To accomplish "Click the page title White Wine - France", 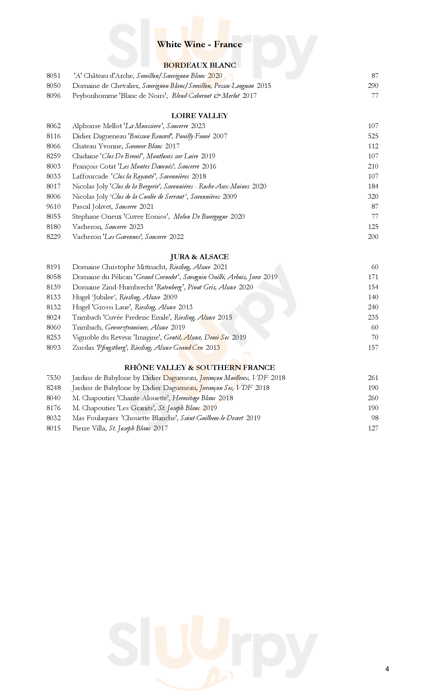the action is (199, 44).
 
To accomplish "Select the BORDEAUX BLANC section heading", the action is (200, 65).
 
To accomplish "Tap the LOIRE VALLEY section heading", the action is (200, 116).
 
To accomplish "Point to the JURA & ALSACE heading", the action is (199, 257).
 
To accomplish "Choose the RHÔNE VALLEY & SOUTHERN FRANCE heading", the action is (200, 368).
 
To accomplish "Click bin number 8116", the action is (54, 136).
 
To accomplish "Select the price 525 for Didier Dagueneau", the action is (373, 136).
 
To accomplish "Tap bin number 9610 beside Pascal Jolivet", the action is (54, 206).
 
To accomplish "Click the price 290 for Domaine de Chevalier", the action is (373, 86).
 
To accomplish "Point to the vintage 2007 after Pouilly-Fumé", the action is (220, 136).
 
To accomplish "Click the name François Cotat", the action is (94, 166).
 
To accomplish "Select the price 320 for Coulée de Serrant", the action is (373, 197).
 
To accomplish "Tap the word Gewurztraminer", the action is (126, 327).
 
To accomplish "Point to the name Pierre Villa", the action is (89, 428).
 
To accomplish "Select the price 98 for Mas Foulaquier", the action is (375, 418).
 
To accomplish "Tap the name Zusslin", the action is (83, 348).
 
